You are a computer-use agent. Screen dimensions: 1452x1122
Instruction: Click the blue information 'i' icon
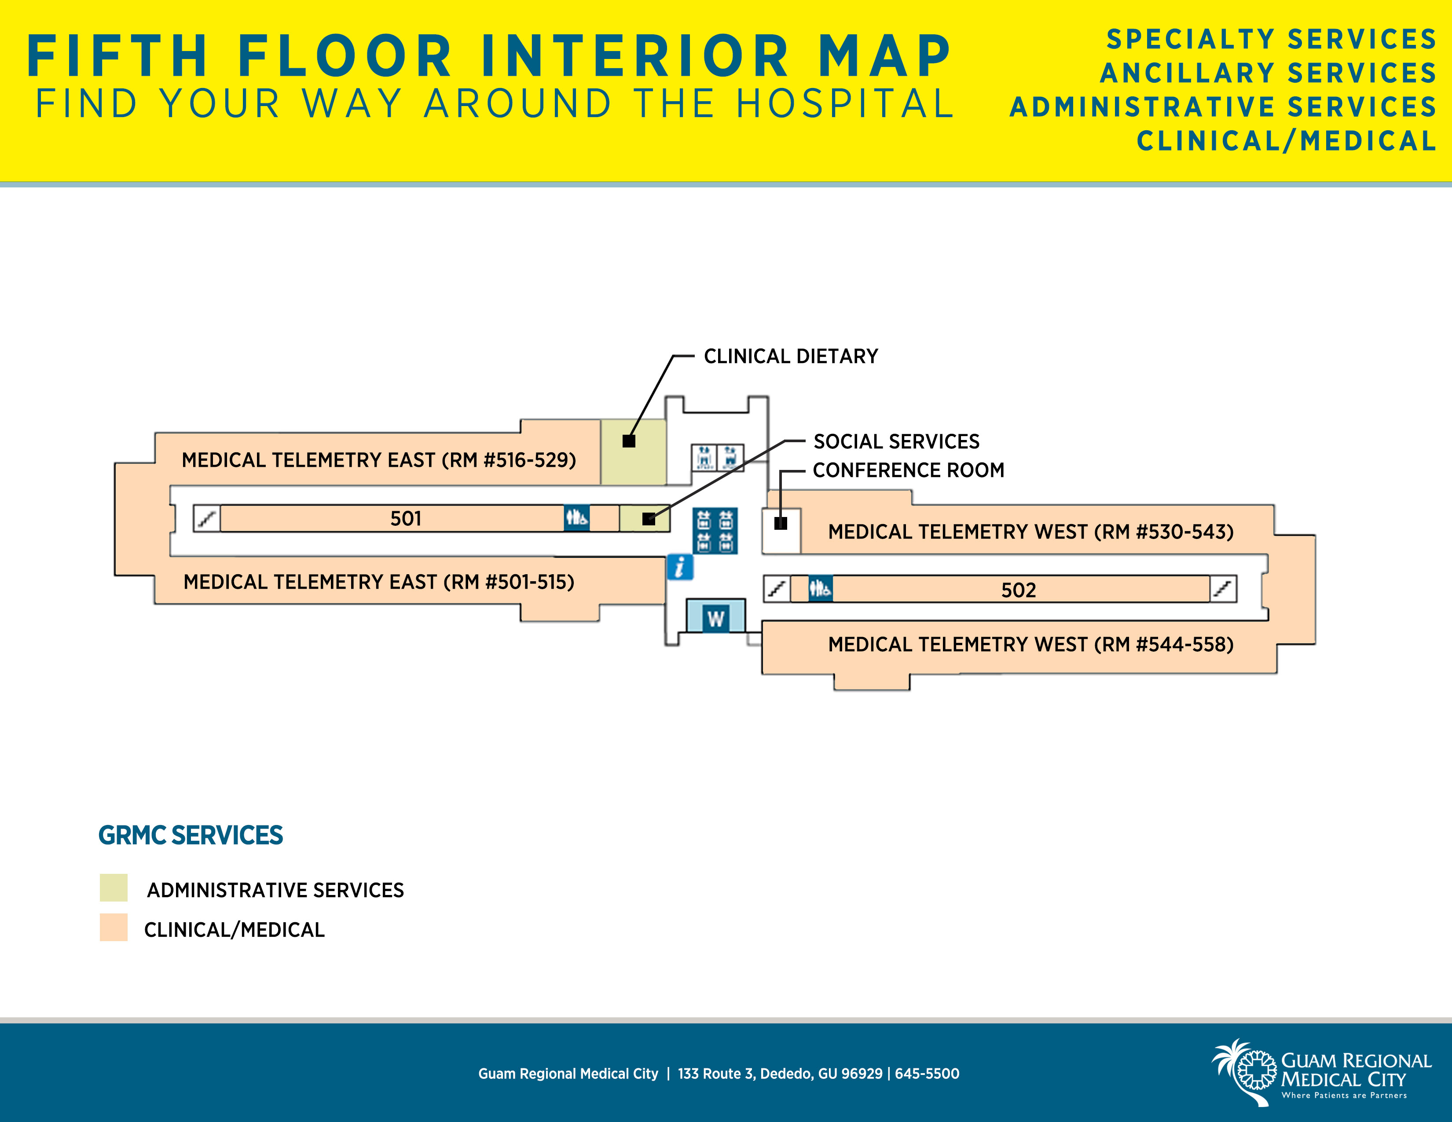tap(679, 567)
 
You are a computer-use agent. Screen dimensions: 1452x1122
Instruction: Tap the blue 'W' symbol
tap(715, 619)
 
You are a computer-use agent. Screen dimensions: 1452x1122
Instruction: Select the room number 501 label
tap(406, 518)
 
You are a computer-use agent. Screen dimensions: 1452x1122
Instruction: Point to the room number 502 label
tap(1019, 590)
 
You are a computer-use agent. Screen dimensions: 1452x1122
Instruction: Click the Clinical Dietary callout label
tap(791, 356)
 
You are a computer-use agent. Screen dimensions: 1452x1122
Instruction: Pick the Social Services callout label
tap(897, 441)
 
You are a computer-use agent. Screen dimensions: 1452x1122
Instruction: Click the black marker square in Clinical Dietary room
tap(629, 441)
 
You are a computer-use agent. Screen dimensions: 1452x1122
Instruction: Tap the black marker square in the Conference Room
tap(781, 523)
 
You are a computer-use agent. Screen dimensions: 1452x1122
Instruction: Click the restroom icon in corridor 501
tap(576, 518)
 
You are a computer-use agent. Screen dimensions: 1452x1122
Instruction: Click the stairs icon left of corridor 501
tap(207, 518)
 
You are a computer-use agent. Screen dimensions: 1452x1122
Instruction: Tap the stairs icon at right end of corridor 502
tap(1223, 589)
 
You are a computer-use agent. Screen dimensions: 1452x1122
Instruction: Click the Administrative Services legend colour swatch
tap(114, 888)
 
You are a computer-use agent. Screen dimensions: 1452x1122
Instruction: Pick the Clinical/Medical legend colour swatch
tap(114, 927)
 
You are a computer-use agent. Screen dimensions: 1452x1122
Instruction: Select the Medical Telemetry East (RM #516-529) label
tap(379, 460)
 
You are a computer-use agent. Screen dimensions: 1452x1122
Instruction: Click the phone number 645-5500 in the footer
tap(927, 1074)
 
